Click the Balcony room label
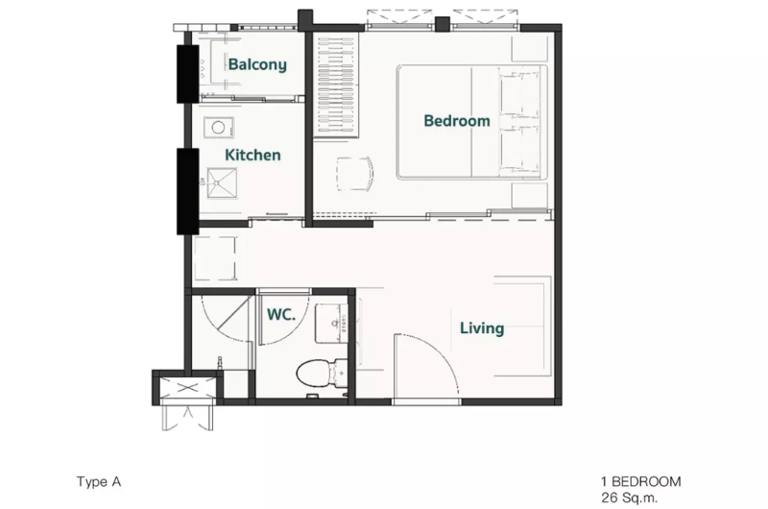257,64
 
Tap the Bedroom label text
457,120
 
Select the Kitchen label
252,155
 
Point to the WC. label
281,314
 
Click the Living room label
482,327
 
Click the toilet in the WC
322,374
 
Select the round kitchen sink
219,128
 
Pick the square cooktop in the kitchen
222,183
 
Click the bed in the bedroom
471,122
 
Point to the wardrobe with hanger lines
336,85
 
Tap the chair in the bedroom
355,174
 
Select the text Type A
99,482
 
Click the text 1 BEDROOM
641,482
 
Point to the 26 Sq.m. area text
630,497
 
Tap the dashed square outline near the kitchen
215,258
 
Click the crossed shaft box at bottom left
188,388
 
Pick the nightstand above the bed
530,47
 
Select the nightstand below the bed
530,196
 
